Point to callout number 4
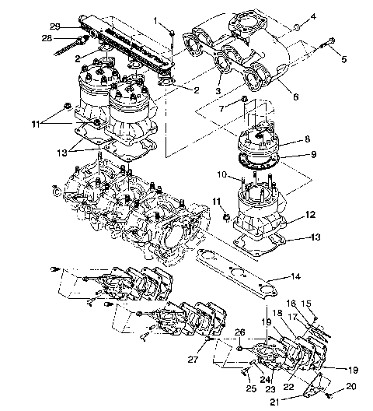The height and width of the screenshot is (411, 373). tap(313, 16)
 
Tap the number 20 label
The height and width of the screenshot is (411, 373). tap(350, 385)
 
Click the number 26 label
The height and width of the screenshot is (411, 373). tap(241, 332)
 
